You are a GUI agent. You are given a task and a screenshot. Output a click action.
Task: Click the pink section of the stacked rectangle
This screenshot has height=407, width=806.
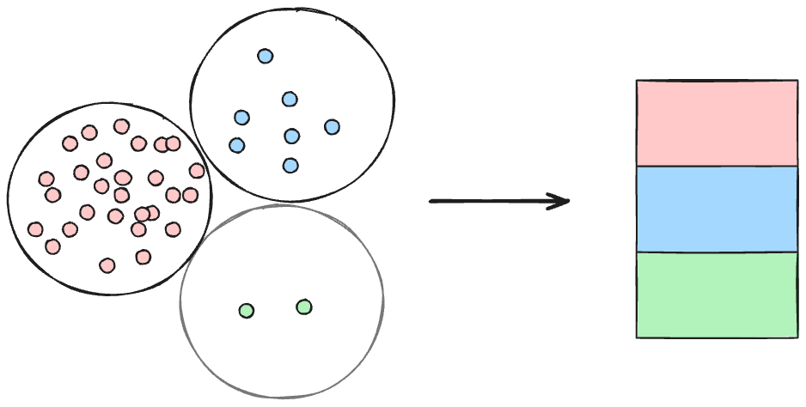pyautogui.click(x=717, y=122)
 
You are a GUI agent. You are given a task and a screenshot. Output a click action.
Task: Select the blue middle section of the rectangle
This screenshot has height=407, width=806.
pyautogui.click(x=717, y=209)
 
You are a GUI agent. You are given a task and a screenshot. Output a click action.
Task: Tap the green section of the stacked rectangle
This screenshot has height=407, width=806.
pyautogui.click(x=717, y=295)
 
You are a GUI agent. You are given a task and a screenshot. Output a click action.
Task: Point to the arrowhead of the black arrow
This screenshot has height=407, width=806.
pyautogui.click(x=566, y=202)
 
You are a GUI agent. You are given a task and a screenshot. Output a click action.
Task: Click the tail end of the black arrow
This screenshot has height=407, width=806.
pyautogui.click(x=432, y=202)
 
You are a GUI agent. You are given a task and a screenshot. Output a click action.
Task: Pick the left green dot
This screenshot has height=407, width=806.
pyautogui.click(x=246, y=311)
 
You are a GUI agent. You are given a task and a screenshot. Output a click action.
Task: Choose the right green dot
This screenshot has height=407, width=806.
pyautogui.click(x=304, y=307)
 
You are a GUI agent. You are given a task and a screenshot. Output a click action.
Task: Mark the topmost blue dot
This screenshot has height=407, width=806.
pyautogui.click(x=265, y=56)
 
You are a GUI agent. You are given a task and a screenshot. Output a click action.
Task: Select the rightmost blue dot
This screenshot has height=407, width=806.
pyautogui.click(x=333, y=127)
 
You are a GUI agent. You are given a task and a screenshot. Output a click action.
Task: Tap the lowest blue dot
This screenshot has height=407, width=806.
pyautogui.click(x=290, y=165)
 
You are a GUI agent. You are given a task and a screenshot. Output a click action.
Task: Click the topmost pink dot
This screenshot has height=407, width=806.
pyautogui.click(x=121, y=126)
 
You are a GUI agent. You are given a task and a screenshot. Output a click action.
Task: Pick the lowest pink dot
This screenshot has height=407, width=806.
pyautogui.click(x=107, y=265)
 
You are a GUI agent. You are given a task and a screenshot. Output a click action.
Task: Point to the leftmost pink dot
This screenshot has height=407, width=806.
pyautogui.click(x=35, y=229)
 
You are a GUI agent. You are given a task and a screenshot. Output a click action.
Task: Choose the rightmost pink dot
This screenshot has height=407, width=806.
pyautogui.click(x=197, y=171)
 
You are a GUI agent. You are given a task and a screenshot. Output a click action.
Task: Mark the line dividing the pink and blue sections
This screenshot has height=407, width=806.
pyautogui.click(x=717, y=166)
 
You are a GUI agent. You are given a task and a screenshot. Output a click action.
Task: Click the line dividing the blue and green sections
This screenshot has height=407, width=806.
pyautogui.click(x=717, y=252)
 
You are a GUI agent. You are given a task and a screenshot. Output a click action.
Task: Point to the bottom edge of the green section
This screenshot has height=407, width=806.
pyautogui.click(x=717, y=337)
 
